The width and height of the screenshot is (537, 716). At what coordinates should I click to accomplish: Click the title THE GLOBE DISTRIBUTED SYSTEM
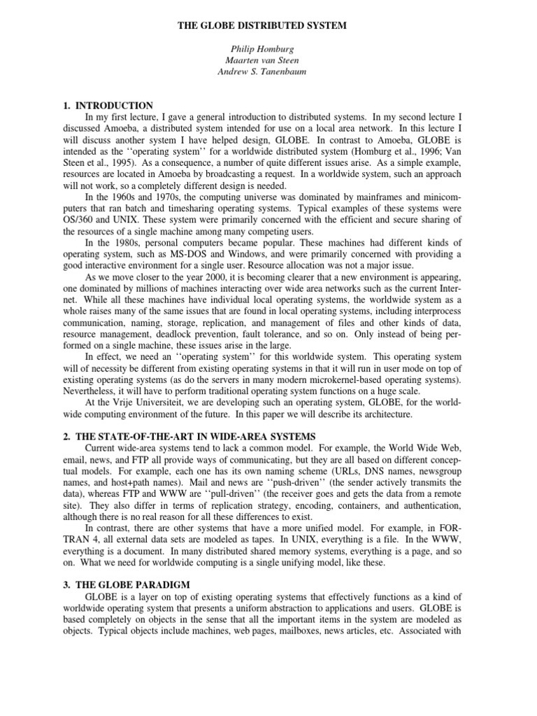(268, 26)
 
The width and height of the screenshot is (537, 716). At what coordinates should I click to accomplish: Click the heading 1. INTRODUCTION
(108, 105)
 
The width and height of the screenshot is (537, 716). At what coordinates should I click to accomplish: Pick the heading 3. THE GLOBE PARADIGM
(131, 584)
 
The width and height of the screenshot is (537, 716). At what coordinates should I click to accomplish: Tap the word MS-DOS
(185, 255)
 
